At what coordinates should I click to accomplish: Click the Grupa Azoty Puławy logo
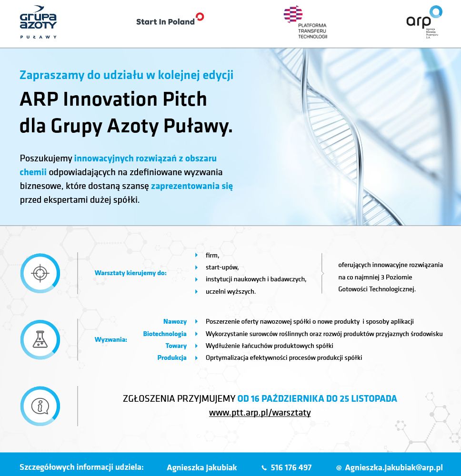click(x=38, y=22)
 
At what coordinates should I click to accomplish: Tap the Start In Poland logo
click(x=170, y=20)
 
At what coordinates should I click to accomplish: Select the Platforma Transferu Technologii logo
click(x=305, y=22)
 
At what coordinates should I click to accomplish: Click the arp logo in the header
click(x=424, y=22)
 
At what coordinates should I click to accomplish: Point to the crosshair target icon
click(x=40, y=273)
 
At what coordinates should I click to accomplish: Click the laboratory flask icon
click(x=40, y=339)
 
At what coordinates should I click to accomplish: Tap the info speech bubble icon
click(x=40, y=406)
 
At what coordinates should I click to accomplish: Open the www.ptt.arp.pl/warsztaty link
click(x=260, y=413)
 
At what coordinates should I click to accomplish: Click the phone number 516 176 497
click(x=291, y=467)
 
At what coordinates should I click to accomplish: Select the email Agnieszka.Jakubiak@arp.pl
click(x=393, y=467)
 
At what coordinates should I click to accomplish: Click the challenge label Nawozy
click(x=175, y=321)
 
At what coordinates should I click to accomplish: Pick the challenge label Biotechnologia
click(x=165, y=334)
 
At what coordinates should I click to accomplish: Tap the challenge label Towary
click(x=176, y=346)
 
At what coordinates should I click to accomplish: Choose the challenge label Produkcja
click(x=172, y=357)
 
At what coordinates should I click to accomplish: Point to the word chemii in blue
click(x=33, y=172)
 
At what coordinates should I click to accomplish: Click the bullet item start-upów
click(x=222, y=268)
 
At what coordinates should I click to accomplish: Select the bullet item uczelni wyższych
click(x=230, y=291)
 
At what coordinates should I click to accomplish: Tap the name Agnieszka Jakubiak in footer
click(x=201, y=467)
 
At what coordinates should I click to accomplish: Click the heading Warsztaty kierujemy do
click(x=130, y=273)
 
